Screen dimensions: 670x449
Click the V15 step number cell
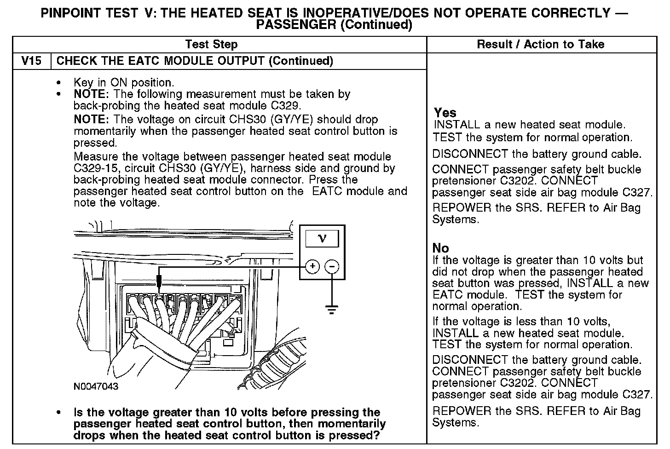click(32, 61)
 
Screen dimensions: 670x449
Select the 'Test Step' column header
click(211, 45)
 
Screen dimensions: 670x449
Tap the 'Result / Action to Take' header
click(540, 45)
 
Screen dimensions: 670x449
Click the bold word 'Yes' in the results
click(445, 113)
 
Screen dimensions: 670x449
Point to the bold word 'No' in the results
click(440, 248)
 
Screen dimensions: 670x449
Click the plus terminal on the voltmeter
click(312, 266)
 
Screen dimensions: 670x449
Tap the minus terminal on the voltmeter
click(332, 266)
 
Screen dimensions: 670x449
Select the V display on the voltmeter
click(322, 238)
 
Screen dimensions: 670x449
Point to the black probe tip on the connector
click(158, 281)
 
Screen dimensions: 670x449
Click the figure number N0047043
click(96, 386)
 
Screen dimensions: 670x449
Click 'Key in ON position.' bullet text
click(124, 83)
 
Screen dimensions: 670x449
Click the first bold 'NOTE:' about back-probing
click(91, 94)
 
